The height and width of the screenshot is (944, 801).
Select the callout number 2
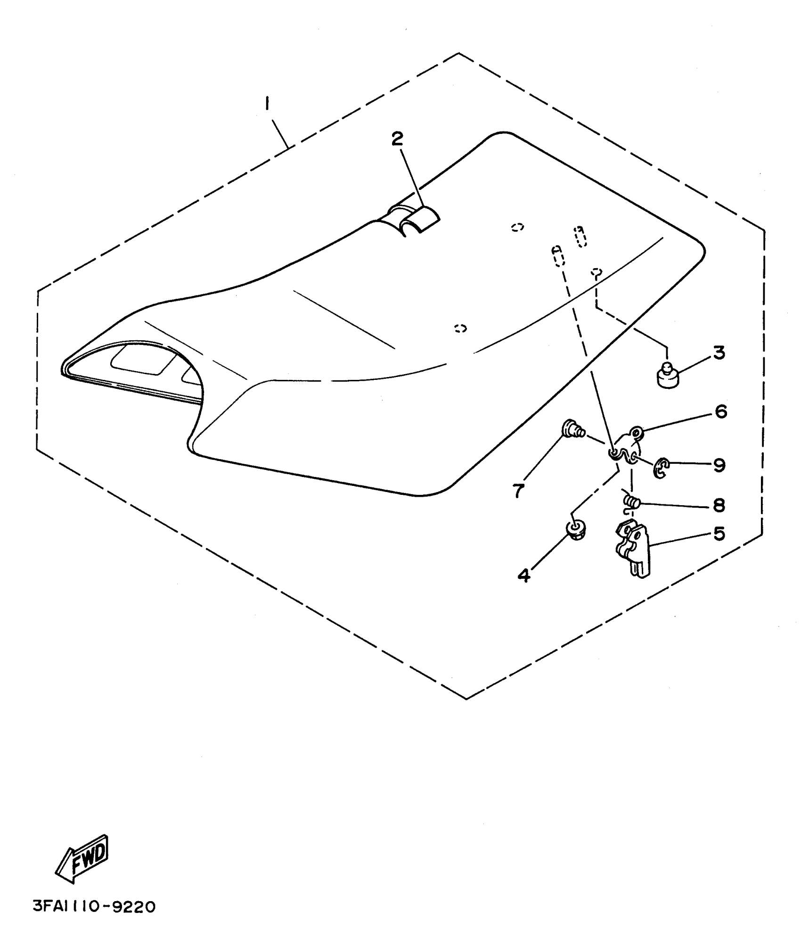click(397, 139)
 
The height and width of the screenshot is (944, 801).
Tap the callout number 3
click(719, 353)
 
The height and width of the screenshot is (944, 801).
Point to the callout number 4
click(524, 575)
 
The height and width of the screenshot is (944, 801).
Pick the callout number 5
click(719, 534)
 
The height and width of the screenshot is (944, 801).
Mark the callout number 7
click(518, 491)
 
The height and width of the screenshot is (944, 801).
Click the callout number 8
click(719, 506)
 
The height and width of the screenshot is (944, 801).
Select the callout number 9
click(719, 465)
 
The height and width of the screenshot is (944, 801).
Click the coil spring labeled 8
click(631, 503)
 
